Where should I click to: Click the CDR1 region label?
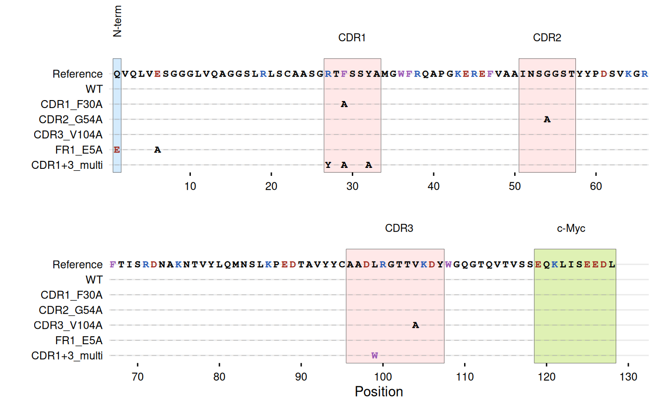tap(352, 38)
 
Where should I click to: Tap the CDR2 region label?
tap(547, 38)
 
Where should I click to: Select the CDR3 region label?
tap(399, 229)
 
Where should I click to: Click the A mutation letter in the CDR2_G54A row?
tap(547, 120)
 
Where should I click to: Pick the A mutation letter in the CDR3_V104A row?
tap(415, 325)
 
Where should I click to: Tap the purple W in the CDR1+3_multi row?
tap(374, 355)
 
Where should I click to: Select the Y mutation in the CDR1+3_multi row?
tap(328, 165)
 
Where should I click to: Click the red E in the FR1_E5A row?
tap(117, 150)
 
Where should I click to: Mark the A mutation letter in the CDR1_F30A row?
tap(344, 104)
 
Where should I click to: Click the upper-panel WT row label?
tap(94, 89)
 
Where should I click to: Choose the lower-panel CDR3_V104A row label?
tap(68, 325)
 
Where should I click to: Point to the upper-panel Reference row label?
tap(77, 74)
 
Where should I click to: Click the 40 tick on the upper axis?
tap(434, 187)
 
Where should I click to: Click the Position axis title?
tap(379, 392)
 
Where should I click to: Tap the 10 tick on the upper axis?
tap(190, 187)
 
